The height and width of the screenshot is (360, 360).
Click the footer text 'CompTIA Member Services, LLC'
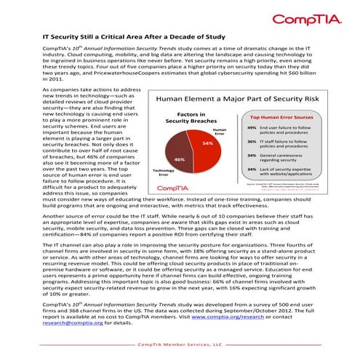(180, 345)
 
